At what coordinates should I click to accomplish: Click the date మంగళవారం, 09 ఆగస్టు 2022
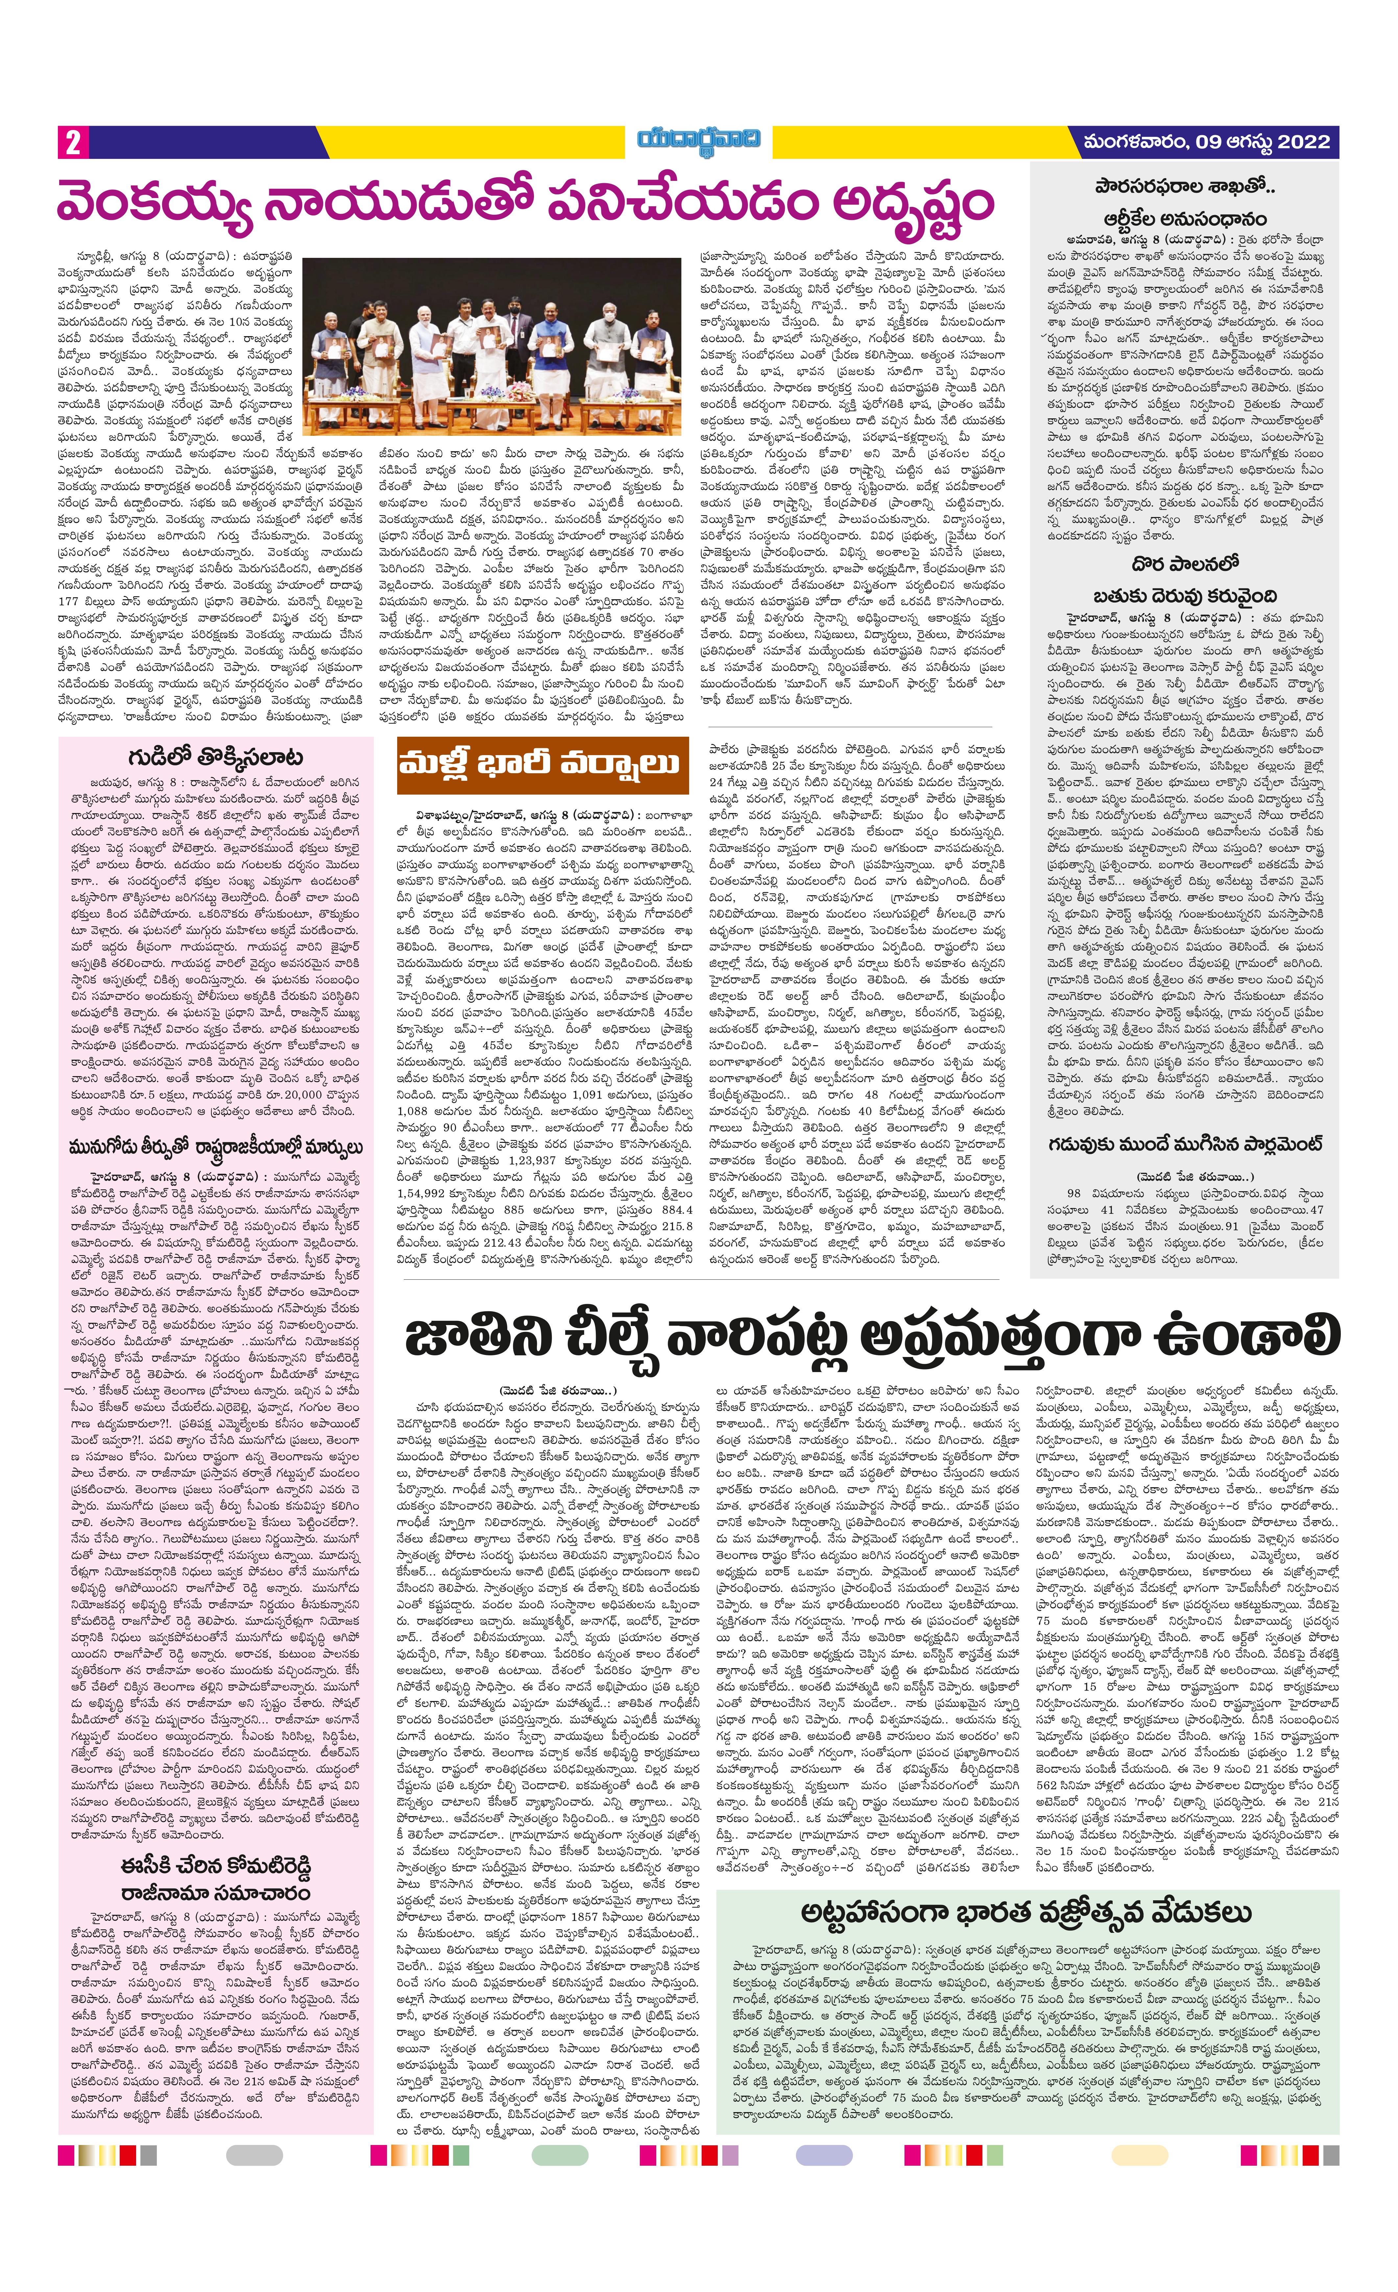[x=1206, y=142]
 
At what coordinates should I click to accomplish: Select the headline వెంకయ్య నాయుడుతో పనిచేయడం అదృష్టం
[x=525, y=202]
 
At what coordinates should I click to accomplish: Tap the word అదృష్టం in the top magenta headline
[x=911, y=202]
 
